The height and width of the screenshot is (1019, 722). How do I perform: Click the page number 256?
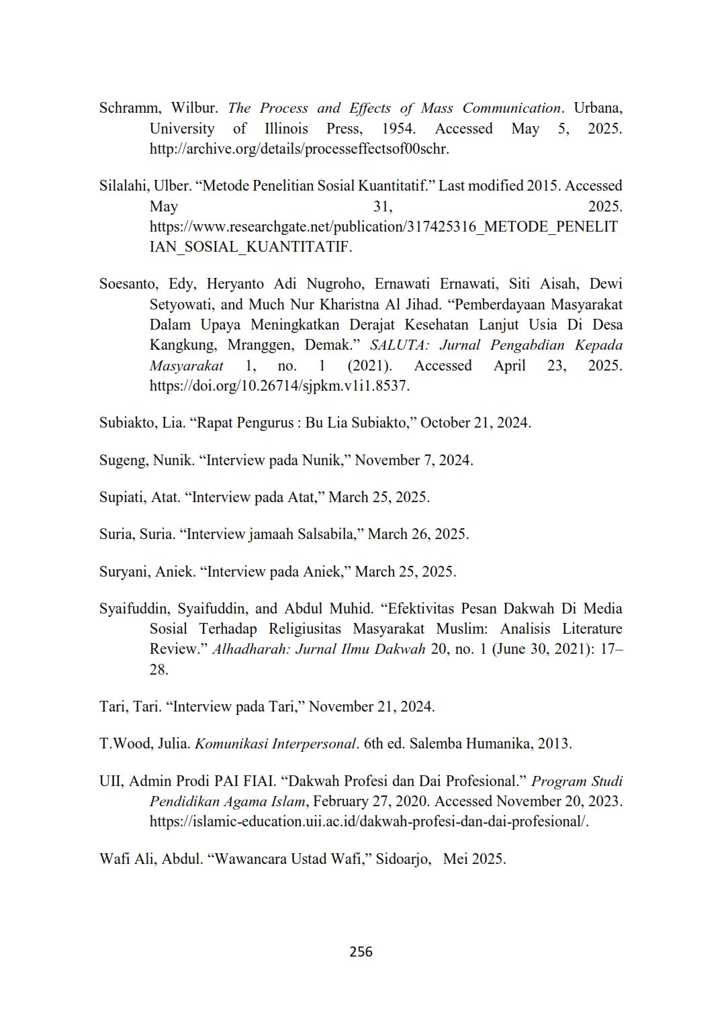point(361,951)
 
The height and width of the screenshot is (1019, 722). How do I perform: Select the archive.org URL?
point(299,149)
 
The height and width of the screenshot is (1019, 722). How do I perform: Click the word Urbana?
point(597,108)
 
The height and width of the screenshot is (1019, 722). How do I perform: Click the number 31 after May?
point(382,207)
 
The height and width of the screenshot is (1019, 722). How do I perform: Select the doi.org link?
point(279,386)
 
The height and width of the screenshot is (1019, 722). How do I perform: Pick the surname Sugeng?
point(123,460)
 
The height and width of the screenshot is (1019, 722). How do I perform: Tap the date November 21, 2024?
point(371,707)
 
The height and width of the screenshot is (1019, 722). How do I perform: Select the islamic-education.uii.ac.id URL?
point(369,822)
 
